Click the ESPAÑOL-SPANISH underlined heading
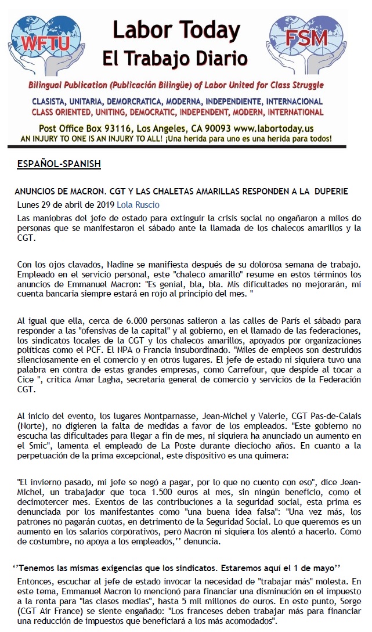(x=60, y=164)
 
